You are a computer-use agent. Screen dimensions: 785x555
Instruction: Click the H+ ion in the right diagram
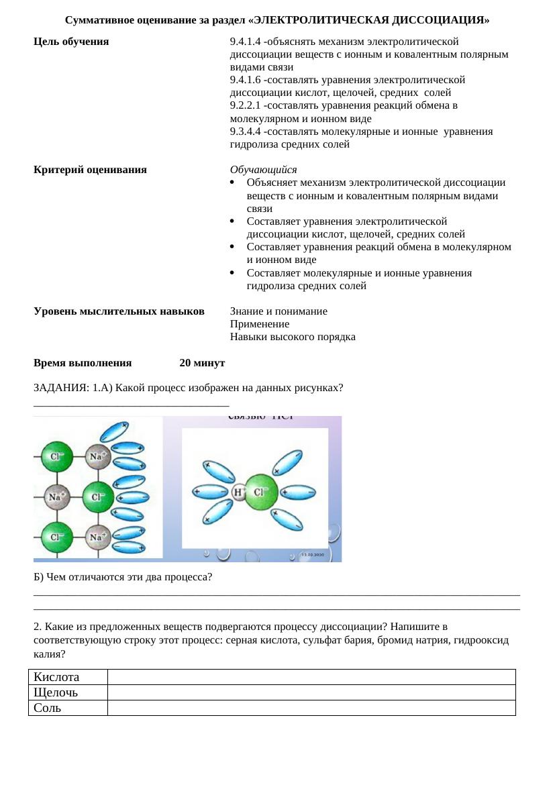click(x=238, y=492)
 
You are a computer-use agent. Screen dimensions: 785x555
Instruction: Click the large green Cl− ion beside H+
click(x=260, y=492)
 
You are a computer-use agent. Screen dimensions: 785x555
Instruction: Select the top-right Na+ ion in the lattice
click(x=98, y=457)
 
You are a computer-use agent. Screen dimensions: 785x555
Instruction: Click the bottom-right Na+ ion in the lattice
click(x=98, y=537)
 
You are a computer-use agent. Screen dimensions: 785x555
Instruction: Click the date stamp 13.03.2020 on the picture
click(x=313, y=556)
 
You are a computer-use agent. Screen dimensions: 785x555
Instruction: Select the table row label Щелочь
click(x=56, y=692)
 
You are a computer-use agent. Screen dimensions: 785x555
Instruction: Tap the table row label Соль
click(x=48, y=708)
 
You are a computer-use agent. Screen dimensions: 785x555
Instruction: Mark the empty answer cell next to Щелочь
click(x=311, y=692)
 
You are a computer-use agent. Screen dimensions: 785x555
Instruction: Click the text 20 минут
click(x=202, y=363)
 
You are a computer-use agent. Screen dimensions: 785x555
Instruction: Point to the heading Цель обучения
click(x=71, y=42)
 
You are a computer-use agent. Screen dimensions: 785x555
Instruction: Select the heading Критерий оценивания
click(x=90, y=170)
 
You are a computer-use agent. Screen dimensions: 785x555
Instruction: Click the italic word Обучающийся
click(x=263, y=170)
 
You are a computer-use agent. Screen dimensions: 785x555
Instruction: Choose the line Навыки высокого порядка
click(x=293, y=337)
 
